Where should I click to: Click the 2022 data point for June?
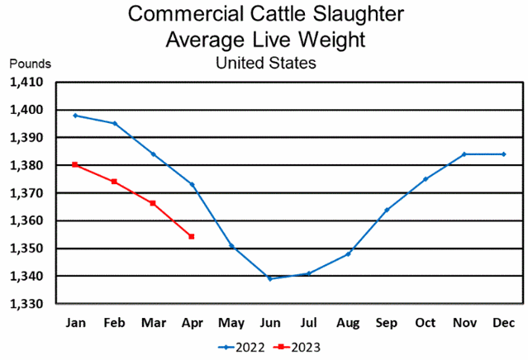(x=269, y=279)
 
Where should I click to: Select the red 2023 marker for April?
(x=192, y=237)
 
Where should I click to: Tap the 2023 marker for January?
(x=75, y=165)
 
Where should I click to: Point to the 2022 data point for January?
(x=75, y=116)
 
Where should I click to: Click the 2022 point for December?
(x=504, y=154)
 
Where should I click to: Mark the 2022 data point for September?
(x=387, y=210)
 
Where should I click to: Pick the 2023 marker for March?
(x=153, y=203)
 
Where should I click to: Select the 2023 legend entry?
(x=298, y=347)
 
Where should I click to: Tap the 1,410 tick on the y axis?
(x=31, y=83)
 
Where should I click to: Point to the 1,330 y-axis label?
(x=31, y=304)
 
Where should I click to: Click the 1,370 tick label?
(x=31, y=193)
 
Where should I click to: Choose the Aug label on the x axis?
(x=347, y=320)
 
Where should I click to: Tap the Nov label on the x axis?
(x=464, y=320)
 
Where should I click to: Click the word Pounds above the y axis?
(x=31, y=64)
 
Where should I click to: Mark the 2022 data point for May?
(x=231, y=245)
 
